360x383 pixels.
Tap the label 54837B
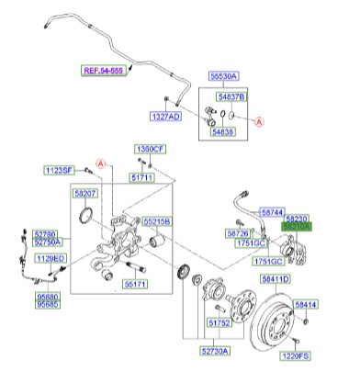(x=231, y=96)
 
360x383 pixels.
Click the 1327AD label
(x=166, y=118)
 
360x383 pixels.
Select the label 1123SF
(x=61, y=170)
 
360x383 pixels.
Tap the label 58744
(x=275, y=211)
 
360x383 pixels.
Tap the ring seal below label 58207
(x=87, y=218)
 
